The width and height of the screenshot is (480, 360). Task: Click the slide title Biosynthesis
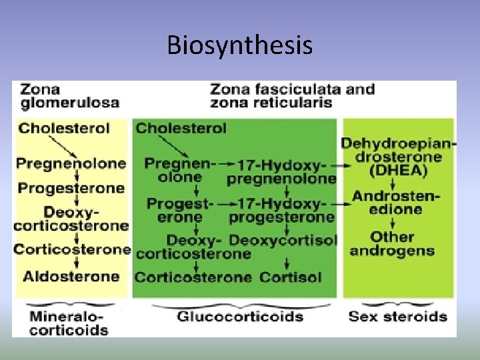point(239,45)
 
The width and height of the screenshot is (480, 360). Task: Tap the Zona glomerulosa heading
point(69,96)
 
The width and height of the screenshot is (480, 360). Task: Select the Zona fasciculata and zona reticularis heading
point(292,95)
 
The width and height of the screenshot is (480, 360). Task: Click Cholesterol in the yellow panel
point(64,128)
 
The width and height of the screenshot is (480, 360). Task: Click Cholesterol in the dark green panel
point(181,128)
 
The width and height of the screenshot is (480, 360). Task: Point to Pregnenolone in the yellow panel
point(71,163)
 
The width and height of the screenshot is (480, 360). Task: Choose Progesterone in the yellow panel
point(71,188)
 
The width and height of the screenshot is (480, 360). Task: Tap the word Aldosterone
point(71,276)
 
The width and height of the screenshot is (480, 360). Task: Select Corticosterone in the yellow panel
point(72,249)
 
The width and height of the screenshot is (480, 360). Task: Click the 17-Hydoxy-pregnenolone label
point(281,171)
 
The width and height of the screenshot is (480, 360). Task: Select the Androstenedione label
point(396,202)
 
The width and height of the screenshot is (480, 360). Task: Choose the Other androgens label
point(392,243)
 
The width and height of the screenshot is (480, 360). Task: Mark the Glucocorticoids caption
point(240,317)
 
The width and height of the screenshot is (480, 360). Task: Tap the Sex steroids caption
point(397,316)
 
